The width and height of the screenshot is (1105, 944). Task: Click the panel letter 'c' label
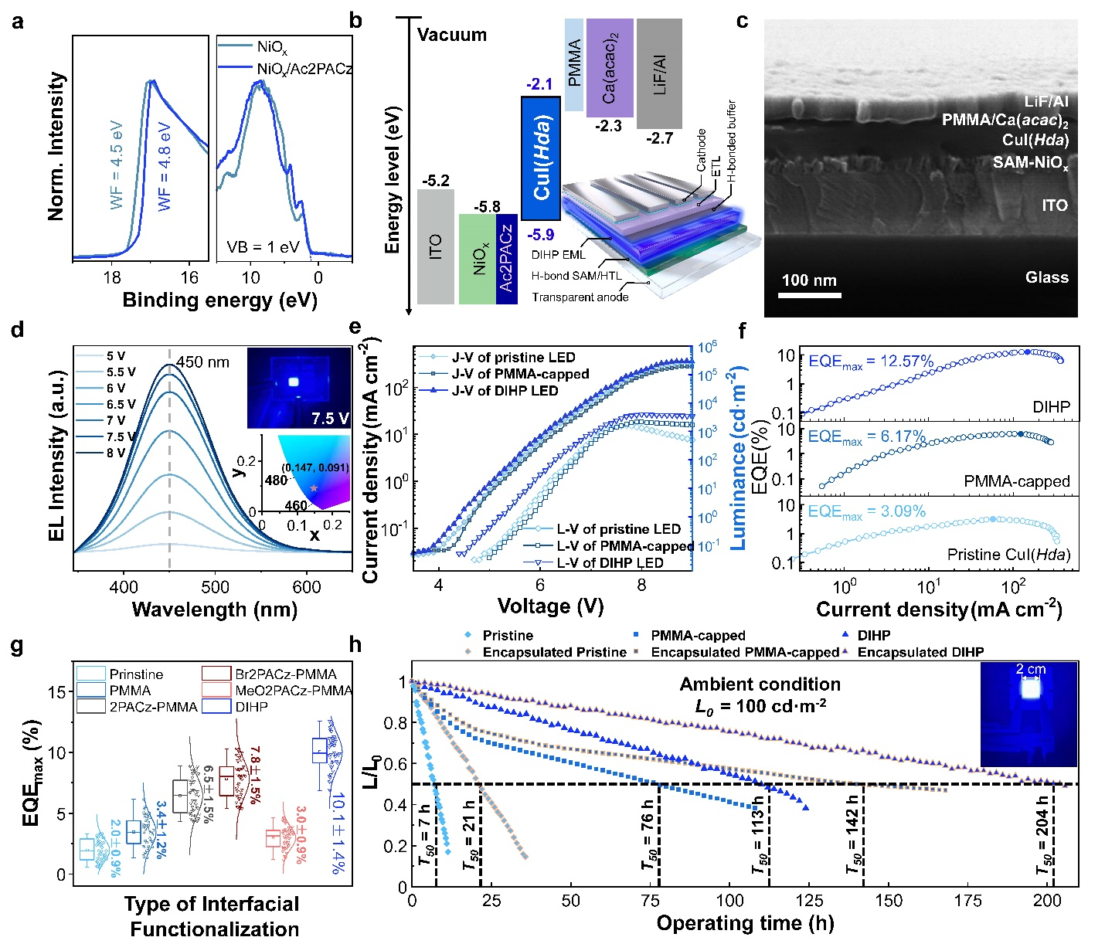(743, 21)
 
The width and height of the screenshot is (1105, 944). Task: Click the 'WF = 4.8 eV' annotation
(165, 166)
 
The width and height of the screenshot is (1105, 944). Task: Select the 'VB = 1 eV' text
(263, 248)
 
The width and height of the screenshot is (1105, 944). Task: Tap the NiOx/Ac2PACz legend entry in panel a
(304, 69)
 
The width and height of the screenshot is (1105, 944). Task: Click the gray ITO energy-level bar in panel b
(436, 246)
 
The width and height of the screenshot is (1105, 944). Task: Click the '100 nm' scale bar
(809, 294)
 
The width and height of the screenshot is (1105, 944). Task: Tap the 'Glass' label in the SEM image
(1046, 277)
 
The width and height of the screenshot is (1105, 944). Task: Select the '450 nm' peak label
(202, 362)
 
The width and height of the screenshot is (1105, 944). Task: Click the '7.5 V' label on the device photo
(330, 418)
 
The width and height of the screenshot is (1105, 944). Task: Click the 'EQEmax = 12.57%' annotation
(871, 362)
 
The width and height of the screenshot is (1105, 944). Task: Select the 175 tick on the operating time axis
(968, 901)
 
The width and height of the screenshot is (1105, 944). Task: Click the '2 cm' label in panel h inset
(1031, 670)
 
